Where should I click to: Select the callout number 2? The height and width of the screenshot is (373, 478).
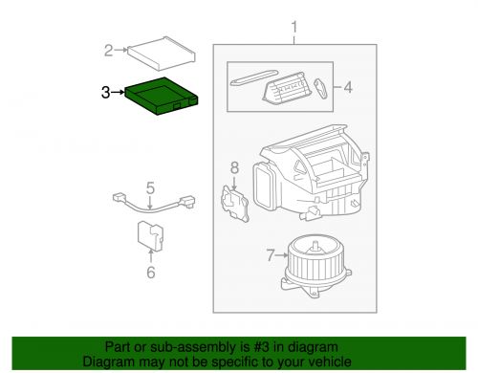point(109,49)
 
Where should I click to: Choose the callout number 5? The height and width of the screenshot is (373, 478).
point(149,187)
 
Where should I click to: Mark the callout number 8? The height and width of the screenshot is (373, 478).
point(234,169)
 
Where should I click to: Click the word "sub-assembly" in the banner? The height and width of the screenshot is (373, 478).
point(185,346)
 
